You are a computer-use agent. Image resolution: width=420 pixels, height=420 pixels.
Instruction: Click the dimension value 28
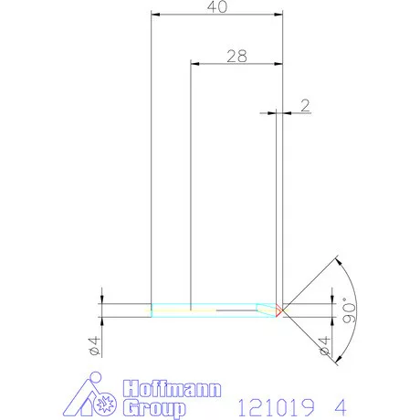[236, 55]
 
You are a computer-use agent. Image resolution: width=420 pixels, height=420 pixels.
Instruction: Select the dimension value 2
[305, 104]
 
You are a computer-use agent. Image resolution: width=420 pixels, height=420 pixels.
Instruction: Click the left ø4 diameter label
[93, 345]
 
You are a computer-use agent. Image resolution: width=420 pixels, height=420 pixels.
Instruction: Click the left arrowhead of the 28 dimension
[194, 63]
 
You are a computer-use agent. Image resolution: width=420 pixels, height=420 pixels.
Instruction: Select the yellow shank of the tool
[183, 310]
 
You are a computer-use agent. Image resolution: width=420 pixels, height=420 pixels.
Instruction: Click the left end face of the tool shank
[151, 310]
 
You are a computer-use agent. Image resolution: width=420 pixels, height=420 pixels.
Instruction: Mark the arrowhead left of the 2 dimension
[272, 112]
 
